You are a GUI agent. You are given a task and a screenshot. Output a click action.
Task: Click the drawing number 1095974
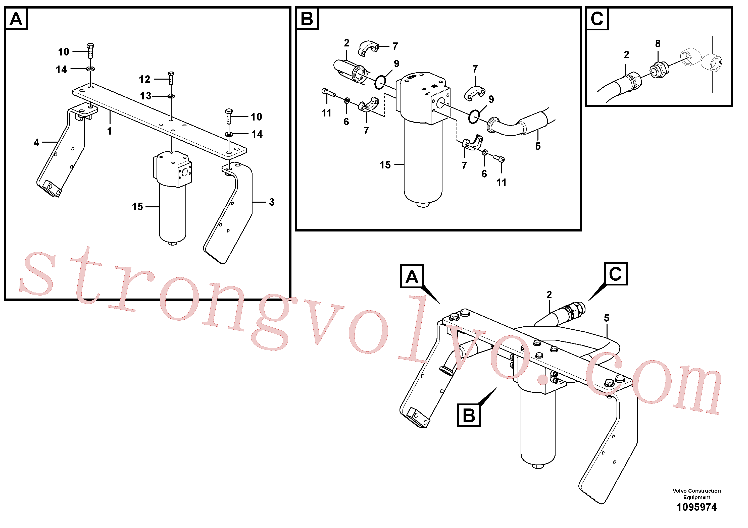(x=696, y=507)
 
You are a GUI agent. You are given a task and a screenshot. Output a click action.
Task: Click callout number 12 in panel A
(x=145, y=79)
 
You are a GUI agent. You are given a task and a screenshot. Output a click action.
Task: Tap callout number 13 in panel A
(x=146, y=96)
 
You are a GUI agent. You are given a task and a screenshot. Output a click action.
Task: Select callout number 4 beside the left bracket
(x=36, y=143)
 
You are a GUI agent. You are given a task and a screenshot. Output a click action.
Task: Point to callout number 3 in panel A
(x=272, y=202)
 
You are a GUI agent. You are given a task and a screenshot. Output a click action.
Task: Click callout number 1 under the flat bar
(x=110, y=131)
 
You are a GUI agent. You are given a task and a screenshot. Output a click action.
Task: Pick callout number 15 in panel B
(x=385, y=165)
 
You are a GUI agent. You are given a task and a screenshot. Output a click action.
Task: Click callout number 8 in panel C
(x=658, y=44)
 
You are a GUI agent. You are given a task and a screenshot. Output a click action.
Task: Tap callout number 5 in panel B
(x=538, y=146)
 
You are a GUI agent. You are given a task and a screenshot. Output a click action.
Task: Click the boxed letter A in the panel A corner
(x=16, y=19)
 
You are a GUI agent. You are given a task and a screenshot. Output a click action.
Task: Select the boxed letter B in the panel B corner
(x=307, y=19)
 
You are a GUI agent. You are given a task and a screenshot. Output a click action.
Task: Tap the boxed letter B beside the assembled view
(x=469, y=415)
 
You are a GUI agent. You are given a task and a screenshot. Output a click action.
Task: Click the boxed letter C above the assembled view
(x=615, y=274)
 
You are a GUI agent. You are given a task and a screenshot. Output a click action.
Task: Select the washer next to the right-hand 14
(x=229, y=134)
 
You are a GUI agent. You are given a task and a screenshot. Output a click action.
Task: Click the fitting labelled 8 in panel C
(x=659, y=69)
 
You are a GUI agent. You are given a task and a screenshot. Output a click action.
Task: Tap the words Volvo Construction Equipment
(x=696, y=494)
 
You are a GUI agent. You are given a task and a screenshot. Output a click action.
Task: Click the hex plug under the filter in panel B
(x=423, y=205)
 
